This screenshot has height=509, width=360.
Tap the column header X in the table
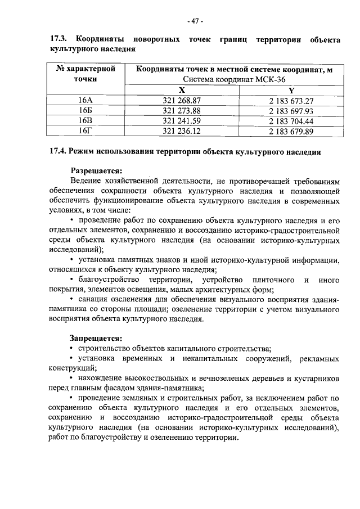(x=181, y=90)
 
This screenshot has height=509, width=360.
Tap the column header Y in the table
(x=291, y=90)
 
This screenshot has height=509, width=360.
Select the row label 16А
(x=85, y=100)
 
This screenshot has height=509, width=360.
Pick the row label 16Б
(x=85, y=110)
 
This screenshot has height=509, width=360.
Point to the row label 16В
(x=85, y=120)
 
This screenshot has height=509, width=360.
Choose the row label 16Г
(x=85, y=131)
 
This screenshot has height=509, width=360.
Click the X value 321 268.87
(x=181, y=100)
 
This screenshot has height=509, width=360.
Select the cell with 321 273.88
(x=181, y=110)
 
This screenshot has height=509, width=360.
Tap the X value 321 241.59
(x=181, y=120)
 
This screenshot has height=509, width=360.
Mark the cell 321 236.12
(x=181, y=131)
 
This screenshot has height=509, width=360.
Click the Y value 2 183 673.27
(x=291, y=100)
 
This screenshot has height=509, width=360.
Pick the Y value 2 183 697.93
(x=291, y=110)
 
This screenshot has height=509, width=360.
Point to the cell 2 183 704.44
(x=291, y=120)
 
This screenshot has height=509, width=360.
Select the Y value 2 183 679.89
(x=291, y=131)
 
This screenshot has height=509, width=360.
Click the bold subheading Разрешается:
(x=95, y=170)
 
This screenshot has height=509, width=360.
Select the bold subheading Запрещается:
(x=95, y=338)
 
